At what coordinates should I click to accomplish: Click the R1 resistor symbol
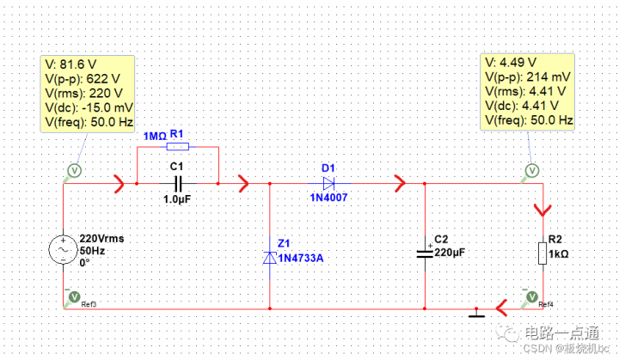178,146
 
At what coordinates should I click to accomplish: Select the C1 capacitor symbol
178,182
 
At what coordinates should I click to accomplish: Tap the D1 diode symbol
328,183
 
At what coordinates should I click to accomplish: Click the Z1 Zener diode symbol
271,256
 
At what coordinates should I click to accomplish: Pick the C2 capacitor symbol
425,253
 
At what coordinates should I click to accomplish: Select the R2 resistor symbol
541,253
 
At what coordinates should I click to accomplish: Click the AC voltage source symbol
64,250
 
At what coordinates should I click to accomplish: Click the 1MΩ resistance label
155,136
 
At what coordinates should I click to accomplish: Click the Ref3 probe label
89,304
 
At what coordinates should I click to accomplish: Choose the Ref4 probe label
545,304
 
